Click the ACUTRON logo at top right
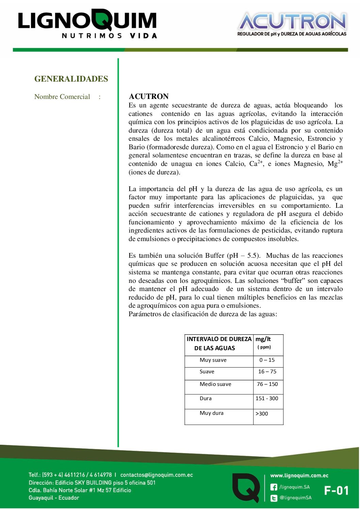click(x=292, y=24)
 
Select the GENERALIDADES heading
click(x=71, y=79)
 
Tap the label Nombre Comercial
click(x=62, y=97)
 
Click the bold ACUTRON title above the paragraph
click(x=149, y=96)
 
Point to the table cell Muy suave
click(x=213, y=360)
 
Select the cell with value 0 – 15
click(x=267, y=360)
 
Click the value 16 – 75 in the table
click(x=267, y=372)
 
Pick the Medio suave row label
click(x=215, y=384)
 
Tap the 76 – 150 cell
click(x=267, y=384)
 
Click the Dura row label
click(x=206, y=398)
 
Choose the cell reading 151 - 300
click(x=267, y=398)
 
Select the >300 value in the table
click(x=262, y=414)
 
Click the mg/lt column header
click(x=263, y=339)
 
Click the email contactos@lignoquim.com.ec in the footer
click(x=157, y=475)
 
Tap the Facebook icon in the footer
click(x=274, y=487)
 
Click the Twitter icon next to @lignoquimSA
click(x=274, y=498)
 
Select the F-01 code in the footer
click(x=336, y=491)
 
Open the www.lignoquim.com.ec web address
click(x=299, y=476)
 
